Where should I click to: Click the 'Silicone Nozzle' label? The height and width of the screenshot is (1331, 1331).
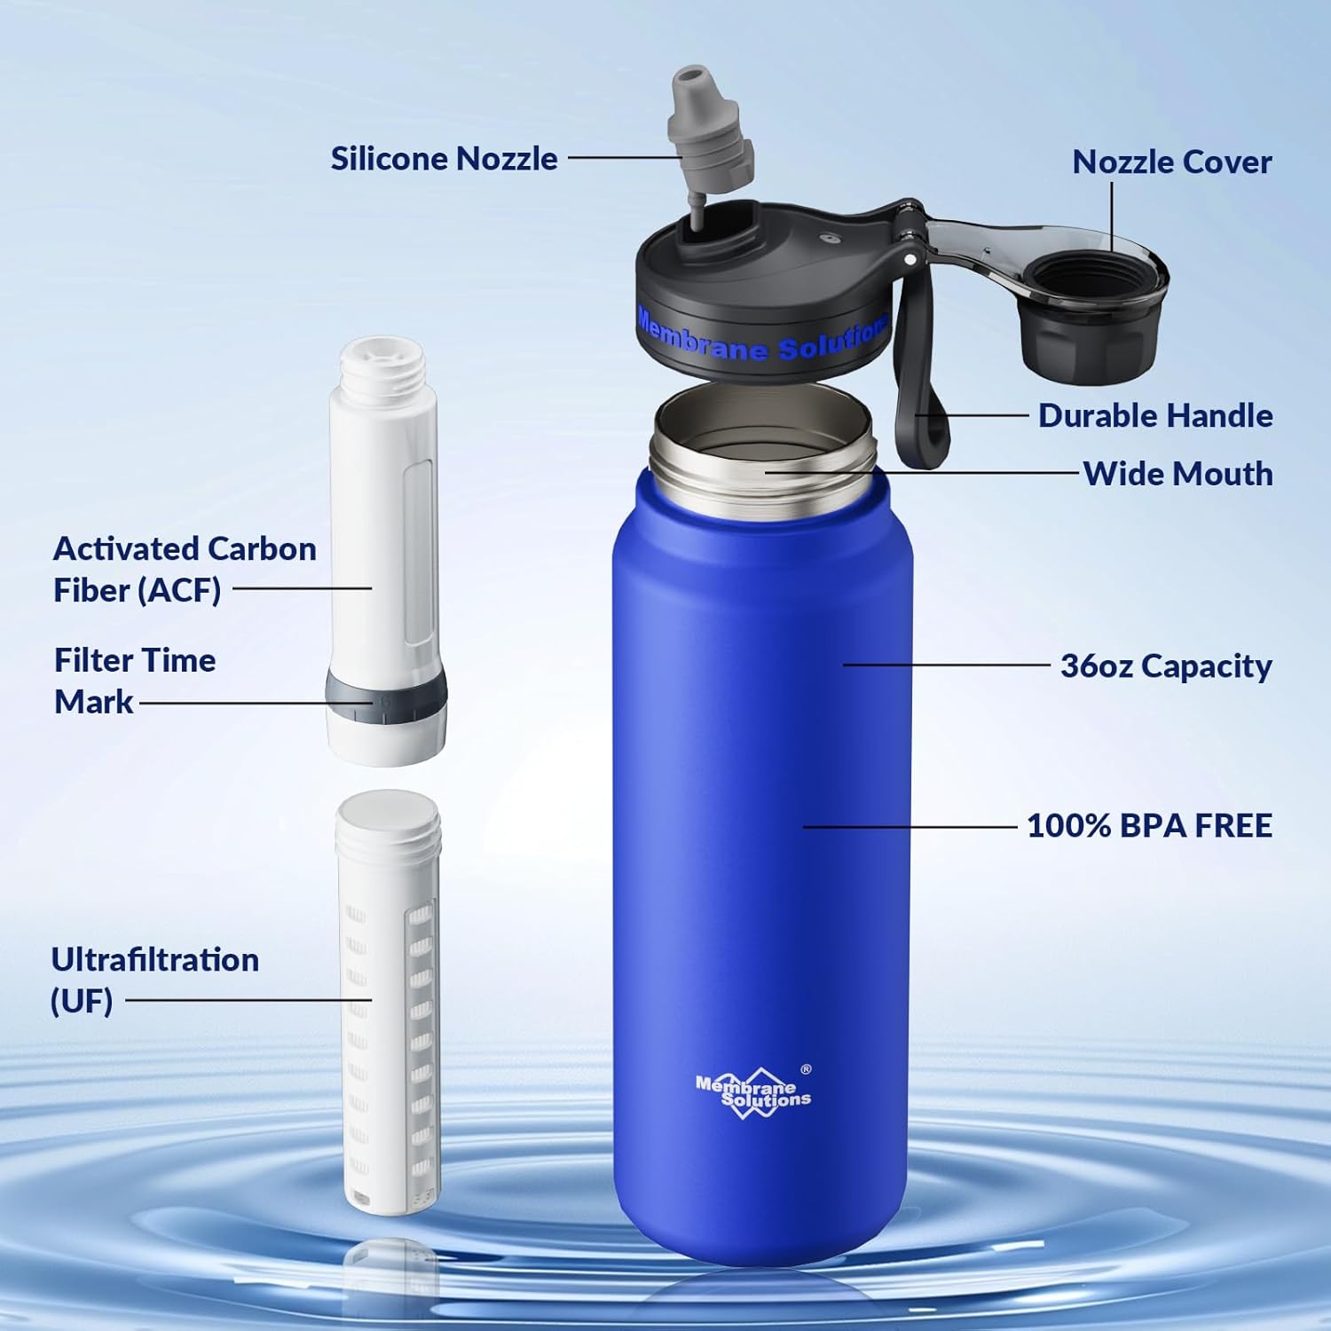[x=444, y=159]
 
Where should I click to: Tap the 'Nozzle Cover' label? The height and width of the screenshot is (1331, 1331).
[x=1171, y=161]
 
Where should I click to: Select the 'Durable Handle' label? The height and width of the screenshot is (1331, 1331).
[x=1155, y=415]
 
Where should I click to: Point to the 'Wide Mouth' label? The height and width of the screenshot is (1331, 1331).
[x=1177, y=474]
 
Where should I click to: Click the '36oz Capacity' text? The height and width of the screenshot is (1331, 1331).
[x=1166, y=665]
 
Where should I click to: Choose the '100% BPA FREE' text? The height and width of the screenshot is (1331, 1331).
[x=1149, y=825]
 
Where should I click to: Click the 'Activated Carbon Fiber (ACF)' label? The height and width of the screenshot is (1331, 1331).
[x=184, y=569]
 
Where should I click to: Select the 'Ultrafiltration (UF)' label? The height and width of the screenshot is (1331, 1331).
[x=154, y=980]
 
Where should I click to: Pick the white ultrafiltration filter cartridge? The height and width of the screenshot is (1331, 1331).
[x=388, y=1003]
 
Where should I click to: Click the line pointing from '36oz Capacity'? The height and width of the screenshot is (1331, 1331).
[x=946, y=664]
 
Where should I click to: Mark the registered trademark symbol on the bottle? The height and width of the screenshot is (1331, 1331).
[x=806, y=1069]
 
